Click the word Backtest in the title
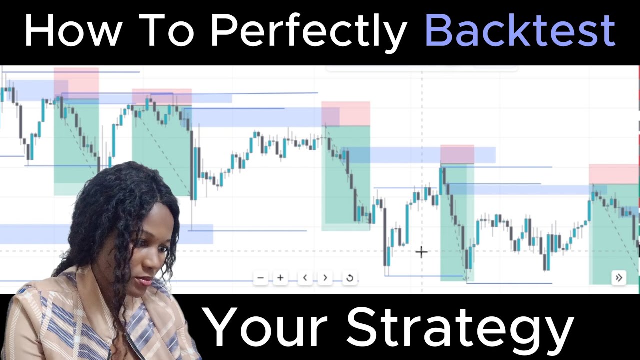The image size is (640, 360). coord(520,31)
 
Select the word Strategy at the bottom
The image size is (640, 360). coord(459,328)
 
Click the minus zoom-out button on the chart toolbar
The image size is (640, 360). coord(261,278)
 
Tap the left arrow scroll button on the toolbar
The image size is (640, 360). coord(305,278)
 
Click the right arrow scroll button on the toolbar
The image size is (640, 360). coord(325,278)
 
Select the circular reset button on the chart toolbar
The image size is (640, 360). coord(349,278)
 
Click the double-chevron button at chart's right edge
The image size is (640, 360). coord(618,278)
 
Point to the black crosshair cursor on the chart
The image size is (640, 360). coord(421,252)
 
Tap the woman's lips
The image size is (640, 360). coord(145,281)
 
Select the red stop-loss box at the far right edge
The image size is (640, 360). coord(613,174)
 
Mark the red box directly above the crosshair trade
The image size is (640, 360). coord(457,154)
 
